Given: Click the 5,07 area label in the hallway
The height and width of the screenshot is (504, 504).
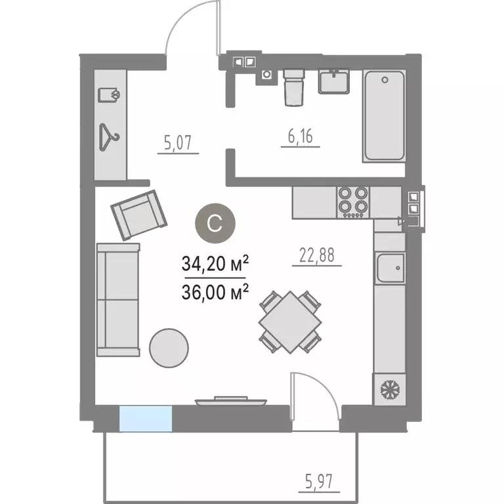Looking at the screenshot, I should [x=178, y=141].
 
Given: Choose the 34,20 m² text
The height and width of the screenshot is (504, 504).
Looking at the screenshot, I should [x=215, y=264].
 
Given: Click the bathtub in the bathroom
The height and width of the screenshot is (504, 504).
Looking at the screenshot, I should [x=384, y=115].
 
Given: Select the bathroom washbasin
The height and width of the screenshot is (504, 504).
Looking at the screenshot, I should [x=335, y=81].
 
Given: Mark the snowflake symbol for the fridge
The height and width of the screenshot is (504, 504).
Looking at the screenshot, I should [x=390, y=390].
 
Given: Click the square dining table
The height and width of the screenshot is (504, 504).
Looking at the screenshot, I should [x=290, y=322].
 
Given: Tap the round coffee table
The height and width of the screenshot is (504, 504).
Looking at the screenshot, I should [x=169, y=346].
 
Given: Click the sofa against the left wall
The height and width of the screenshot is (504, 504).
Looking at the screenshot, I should [x=118, y=299].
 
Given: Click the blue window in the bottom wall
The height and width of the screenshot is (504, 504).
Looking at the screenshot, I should [x=145, y=419].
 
